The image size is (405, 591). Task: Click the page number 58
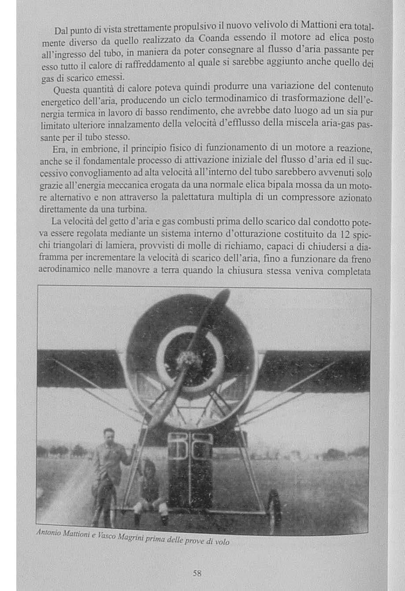(197, 573)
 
